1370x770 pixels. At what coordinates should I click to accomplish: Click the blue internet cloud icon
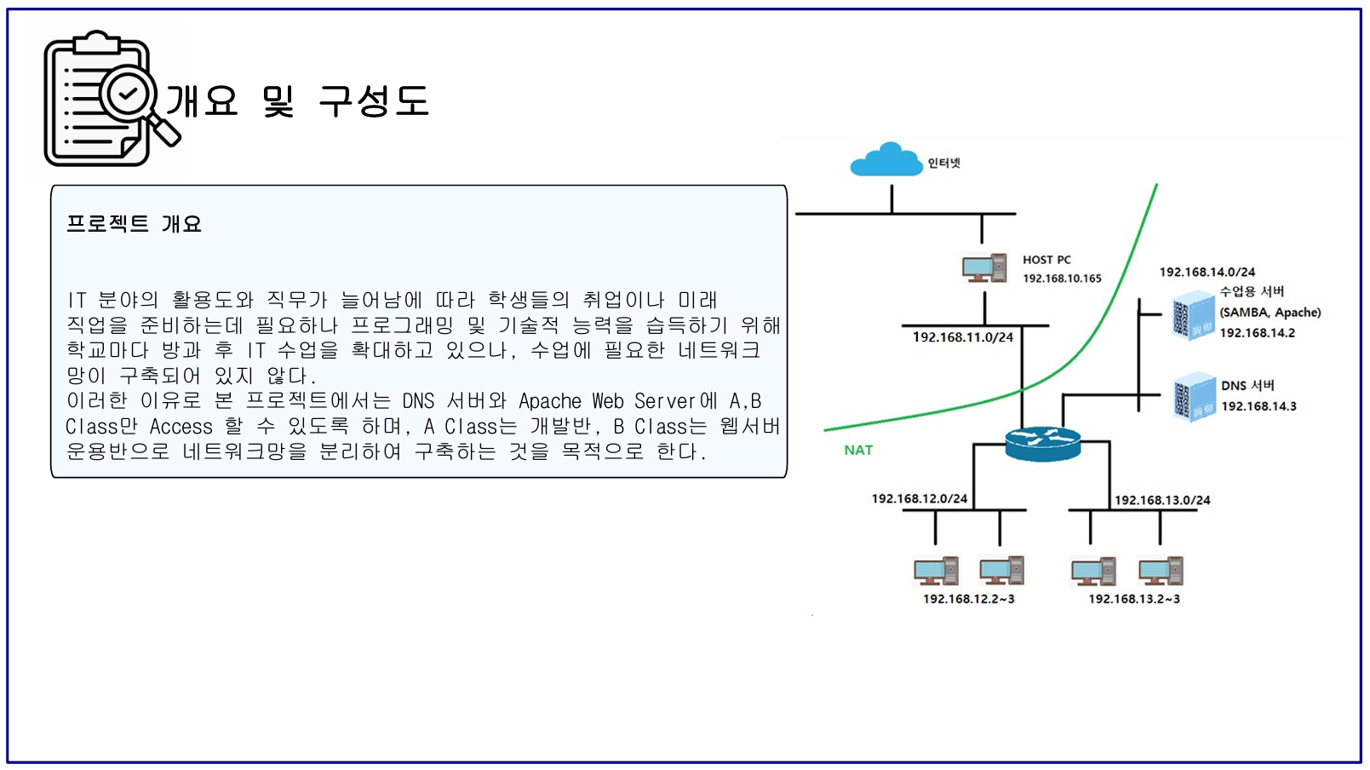pyautogui.click(x=886, y=159)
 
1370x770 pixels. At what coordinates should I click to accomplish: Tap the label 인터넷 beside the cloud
pyautogui.click(x=943, y=163)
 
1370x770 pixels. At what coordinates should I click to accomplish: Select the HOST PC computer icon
pyautogui.click(x=983, y=268)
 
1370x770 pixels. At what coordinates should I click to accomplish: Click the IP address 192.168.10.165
pyautogui.click(x=1062, y=279)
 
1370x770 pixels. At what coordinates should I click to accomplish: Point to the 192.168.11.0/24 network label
pyautogui.click(x=963, y=337)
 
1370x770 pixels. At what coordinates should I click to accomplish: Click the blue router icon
pyautogui.click(x=1042, y=443)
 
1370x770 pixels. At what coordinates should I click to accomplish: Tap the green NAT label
pyautogui.click(x=858, y=450)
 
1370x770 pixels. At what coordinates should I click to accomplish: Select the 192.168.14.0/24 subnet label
pyautogui.click(x=1207, y=272)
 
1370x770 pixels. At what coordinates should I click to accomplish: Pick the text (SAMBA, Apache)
pyautogui.click(x=1270, y=313)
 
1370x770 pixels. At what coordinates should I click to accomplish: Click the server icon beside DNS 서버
pyautogui.click(x=1194, y=397)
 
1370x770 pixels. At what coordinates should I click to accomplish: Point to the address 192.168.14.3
pyautogui.click(x=1258, y=406)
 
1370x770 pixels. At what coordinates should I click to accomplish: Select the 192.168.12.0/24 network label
pyautogui.click(x=919, y=498)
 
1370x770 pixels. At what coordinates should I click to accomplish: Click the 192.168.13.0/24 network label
pyautogui.click(x=1162, y=500)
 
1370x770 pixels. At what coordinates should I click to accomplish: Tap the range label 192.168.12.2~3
pyautogui.click(x=968, y=599)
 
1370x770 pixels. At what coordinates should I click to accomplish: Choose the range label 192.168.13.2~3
pyautogui.click(x=1133, y=599)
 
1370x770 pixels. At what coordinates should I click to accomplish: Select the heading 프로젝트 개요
pyautogui.click(x=134, y=224)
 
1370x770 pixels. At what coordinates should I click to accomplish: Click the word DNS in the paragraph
pyautogui.click(x=418, y=401)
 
